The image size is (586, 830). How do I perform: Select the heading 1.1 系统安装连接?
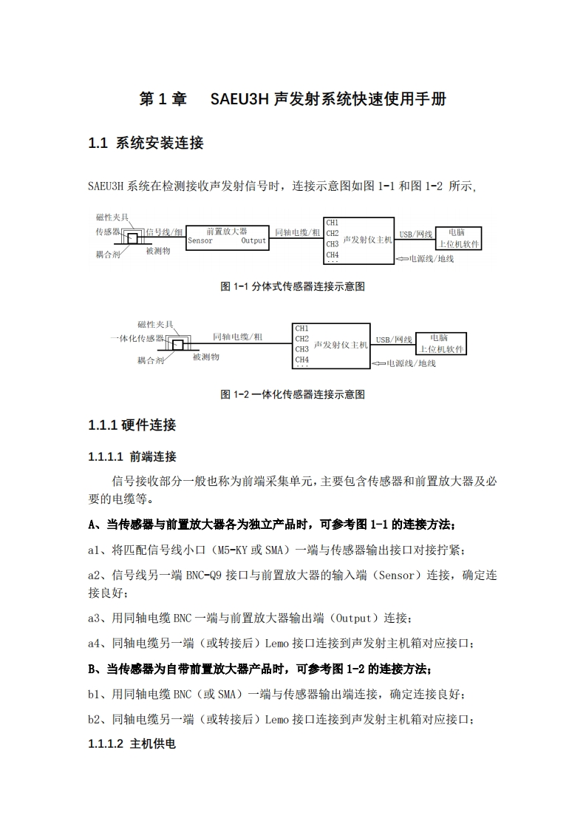click(146, 144)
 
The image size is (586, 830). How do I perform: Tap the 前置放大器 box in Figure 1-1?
click(227, 236)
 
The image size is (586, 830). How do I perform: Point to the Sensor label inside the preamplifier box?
click(200, 240)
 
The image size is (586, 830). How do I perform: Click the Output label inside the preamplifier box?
click(253, 240)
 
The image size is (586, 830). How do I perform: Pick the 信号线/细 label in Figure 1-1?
click(163, 232)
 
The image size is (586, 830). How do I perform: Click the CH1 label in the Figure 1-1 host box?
click(333, 223)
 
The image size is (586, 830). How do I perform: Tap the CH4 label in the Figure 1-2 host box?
click(301, 360)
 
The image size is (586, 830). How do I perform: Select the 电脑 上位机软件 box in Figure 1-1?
click(458, 237)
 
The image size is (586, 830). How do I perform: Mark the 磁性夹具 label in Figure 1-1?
click(112, 217)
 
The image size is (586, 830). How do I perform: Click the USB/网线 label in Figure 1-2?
click(393, 340)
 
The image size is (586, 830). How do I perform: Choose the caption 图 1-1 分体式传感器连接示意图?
click(293, 287)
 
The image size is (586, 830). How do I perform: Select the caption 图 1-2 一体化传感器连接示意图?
click(293, 394)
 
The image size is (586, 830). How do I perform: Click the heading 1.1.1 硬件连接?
click(132, 425)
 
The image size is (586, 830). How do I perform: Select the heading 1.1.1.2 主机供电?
click(132, 743)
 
